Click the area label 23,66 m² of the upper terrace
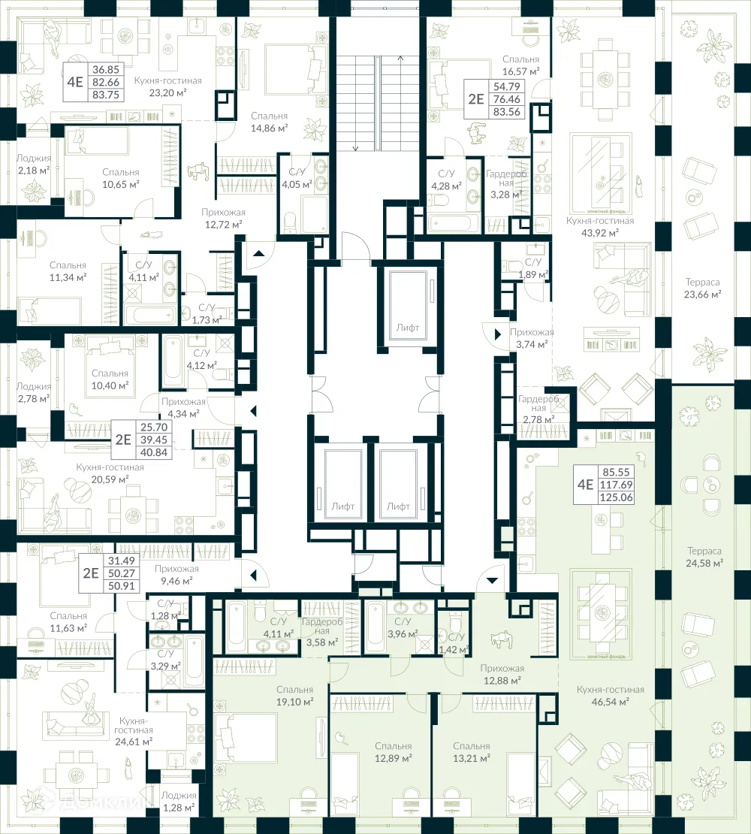pyautogui.click(x=702, y=295)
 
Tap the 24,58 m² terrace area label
pyautogui.click(x=704, y=562)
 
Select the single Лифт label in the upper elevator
pyautogui.click(x=409, y=328)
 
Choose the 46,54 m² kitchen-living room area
pyautogui.click(x=610, y=703)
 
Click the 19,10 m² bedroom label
pyautogui.click(x=294, y=701)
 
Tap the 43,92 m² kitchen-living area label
pyautogui.click(x=599, y=233)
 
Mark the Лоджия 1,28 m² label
pyautogui.click(x=178, y=801)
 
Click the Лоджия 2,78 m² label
pyautogui.click(x=34, y=391)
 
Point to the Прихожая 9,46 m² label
pyautogui.click(x=179, y=574)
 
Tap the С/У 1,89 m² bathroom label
pyautogui.click(x=533, y=267)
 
